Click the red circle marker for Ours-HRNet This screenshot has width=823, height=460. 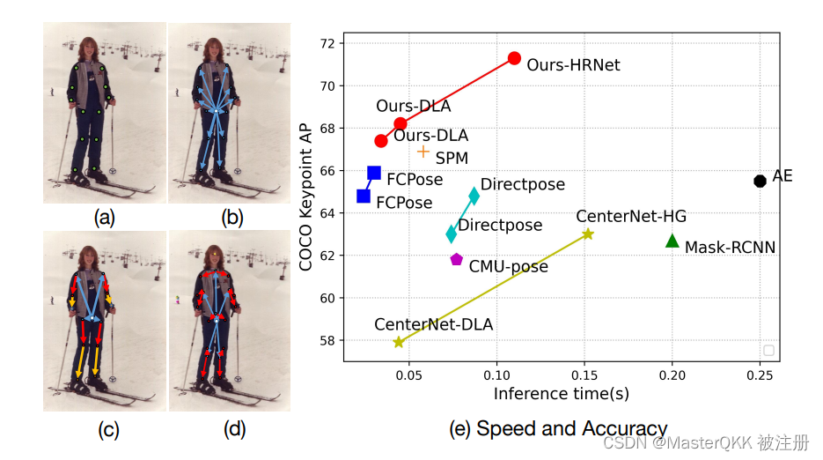pos(514,58)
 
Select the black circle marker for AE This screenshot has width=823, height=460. pos(761,181)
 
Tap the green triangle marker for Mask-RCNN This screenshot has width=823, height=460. pos(672,241)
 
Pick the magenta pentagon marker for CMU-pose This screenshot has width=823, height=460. pos(456,259)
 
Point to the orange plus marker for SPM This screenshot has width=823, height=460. pos(423,152)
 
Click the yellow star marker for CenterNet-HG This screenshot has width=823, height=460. pos(588,234)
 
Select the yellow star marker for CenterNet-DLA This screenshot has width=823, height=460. pos(399,342)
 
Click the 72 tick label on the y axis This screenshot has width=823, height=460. pos(326,43)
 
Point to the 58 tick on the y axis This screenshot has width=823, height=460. pos(326,340)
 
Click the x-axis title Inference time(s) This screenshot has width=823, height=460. pos(561,394)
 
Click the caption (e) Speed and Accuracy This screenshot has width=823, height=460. pos(558,429)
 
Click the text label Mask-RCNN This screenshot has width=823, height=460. pos(730,248)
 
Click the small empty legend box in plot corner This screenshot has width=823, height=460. pos(768,351)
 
